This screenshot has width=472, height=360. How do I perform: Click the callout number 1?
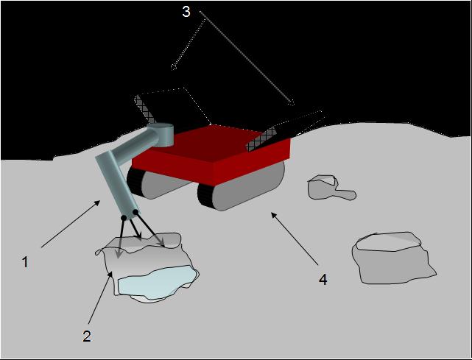[x=25, y=262]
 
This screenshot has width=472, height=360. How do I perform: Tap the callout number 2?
[x=87, y=336]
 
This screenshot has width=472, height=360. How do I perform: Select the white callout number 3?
[x=186, y=12]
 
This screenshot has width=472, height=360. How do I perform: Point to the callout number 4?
[x=323, y=279]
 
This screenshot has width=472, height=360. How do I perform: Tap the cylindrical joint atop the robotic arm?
[x=161, y=134]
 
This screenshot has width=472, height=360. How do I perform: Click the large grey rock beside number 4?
[x=392, y=258]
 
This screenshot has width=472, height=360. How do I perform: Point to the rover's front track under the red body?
[x=241, y=186]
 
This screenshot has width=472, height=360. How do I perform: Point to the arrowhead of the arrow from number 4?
[x=274, y=216]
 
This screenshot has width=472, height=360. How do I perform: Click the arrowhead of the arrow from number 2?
[x=111, y=274]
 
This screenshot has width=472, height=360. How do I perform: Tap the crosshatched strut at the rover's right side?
[x=261, y=139]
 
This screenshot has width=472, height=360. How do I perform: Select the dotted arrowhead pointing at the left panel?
[x=174, y=67]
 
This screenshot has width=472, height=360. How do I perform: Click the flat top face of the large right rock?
[x=388, y=241]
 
